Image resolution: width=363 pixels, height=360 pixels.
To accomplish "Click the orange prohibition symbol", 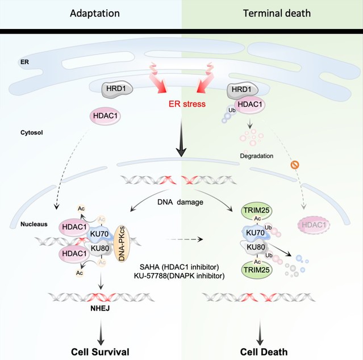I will [295, 166].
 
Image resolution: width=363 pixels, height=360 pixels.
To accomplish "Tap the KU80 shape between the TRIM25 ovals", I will [257, 250].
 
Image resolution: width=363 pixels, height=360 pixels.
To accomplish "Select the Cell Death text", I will [261, 350].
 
